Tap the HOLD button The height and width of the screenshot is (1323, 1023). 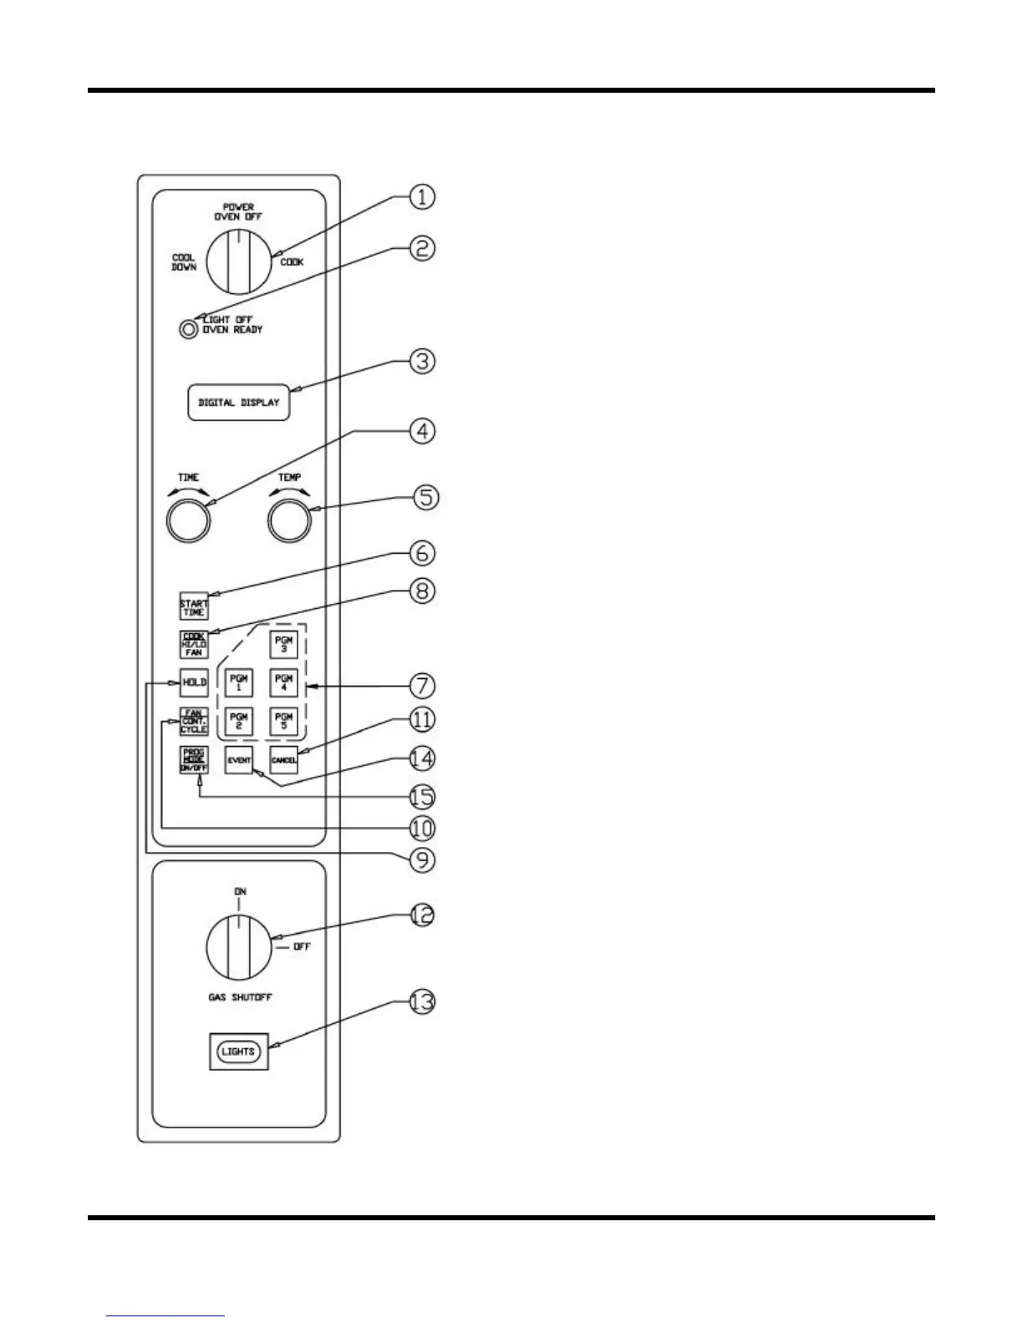click(194, 682)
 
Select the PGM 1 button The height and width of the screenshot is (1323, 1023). click(238, 682)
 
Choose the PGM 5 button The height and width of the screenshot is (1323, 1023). click(284, 721)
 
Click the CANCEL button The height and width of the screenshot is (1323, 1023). click(284, 760)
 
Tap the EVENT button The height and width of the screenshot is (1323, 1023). click(239, 760)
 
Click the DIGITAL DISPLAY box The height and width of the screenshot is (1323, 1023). click(238, 403)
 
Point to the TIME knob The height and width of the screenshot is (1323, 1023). click(188, 521)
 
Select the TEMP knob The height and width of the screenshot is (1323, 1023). click(289, 521)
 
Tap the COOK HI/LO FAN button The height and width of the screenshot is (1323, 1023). click(193, 645)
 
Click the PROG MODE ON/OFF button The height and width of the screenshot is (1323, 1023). click(193, 759)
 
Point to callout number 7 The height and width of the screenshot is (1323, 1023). click(423, 686)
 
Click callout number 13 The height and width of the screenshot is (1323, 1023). click(423, 1001)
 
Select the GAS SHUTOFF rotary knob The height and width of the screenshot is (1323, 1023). click(238, 948)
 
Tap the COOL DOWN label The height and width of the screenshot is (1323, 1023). click(184, 262)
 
